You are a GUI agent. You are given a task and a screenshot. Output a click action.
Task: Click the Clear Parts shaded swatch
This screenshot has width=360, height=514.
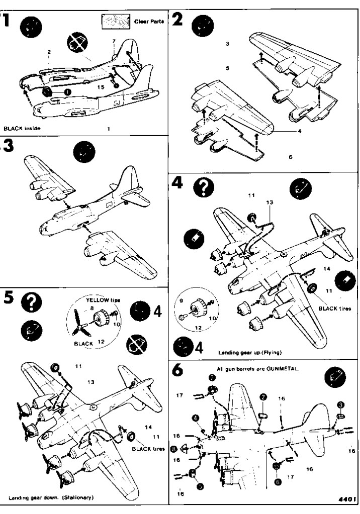[117, 21]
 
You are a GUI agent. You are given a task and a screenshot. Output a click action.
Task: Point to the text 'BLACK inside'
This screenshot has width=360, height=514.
[22, 129]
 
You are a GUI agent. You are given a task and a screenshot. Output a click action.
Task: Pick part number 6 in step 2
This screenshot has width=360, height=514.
[290, 157]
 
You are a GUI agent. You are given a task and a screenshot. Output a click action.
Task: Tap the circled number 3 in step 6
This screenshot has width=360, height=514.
[340, 404]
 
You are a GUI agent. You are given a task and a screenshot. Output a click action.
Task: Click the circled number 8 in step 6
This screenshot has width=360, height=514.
[173, 449]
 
